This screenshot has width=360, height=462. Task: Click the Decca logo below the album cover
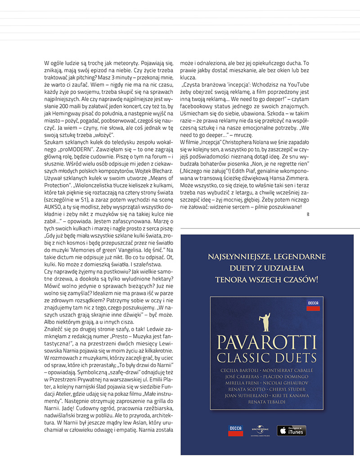(x=236, y=430)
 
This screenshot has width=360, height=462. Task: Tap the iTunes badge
(x=291, y=431)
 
